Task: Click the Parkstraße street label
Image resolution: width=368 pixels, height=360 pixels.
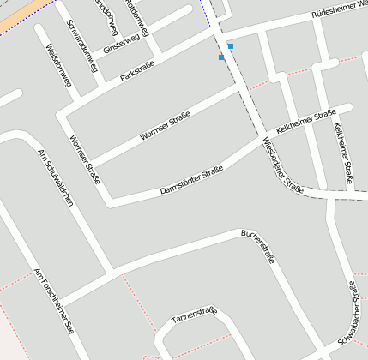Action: [140, 69]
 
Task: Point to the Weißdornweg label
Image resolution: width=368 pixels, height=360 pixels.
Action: [59, 67]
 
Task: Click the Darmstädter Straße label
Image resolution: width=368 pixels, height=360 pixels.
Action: [191, 181]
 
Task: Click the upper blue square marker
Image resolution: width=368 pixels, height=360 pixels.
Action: [230, 46]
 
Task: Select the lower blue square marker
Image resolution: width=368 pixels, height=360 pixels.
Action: [221, 57]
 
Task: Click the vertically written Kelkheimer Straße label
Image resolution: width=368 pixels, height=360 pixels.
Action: [342, 153]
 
